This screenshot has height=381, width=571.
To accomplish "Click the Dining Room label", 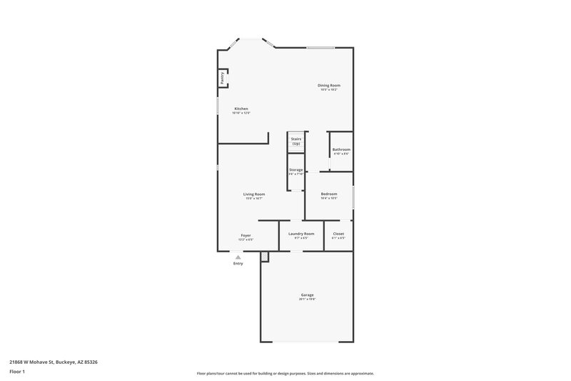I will (329, 85).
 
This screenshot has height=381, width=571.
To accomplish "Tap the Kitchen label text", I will (241, 109).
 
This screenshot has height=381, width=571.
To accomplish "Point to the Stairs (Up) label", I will (295, 141).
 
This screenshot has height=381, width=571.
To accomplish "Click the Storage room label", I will (295, 169).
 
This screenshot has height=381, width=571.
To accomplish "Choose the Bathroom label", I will (341, 149).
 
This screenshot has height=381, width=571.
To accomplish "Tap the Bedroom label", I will (329, 194).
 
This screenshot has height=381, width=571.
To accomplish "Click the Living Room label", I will (254, 194).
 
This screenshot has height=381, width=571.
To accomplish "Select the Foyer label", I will (246, 234).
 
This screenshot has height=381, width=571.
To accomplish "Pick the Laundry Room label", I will (301, 234).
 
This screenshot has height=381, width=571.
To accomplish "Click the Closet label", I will (338, 234).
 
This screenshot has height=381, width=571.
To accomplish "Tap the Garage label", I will (307, 295).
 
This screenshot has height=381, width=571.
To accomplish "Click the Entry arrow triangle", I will (238, 255).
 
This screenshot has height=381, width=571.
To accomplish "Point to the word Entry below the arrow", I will (238, 263).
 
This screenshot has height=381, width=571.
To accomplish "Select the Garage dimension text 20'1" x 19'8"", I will (307, 299).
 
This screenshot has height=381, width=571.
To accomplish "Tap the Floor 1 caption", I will (17, 372).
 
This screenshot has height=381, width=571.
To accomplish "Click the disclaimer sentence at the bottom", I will (285, 373).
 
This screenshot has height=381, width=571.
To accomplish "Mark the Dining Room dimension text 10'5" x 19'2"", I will (329, 89).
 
